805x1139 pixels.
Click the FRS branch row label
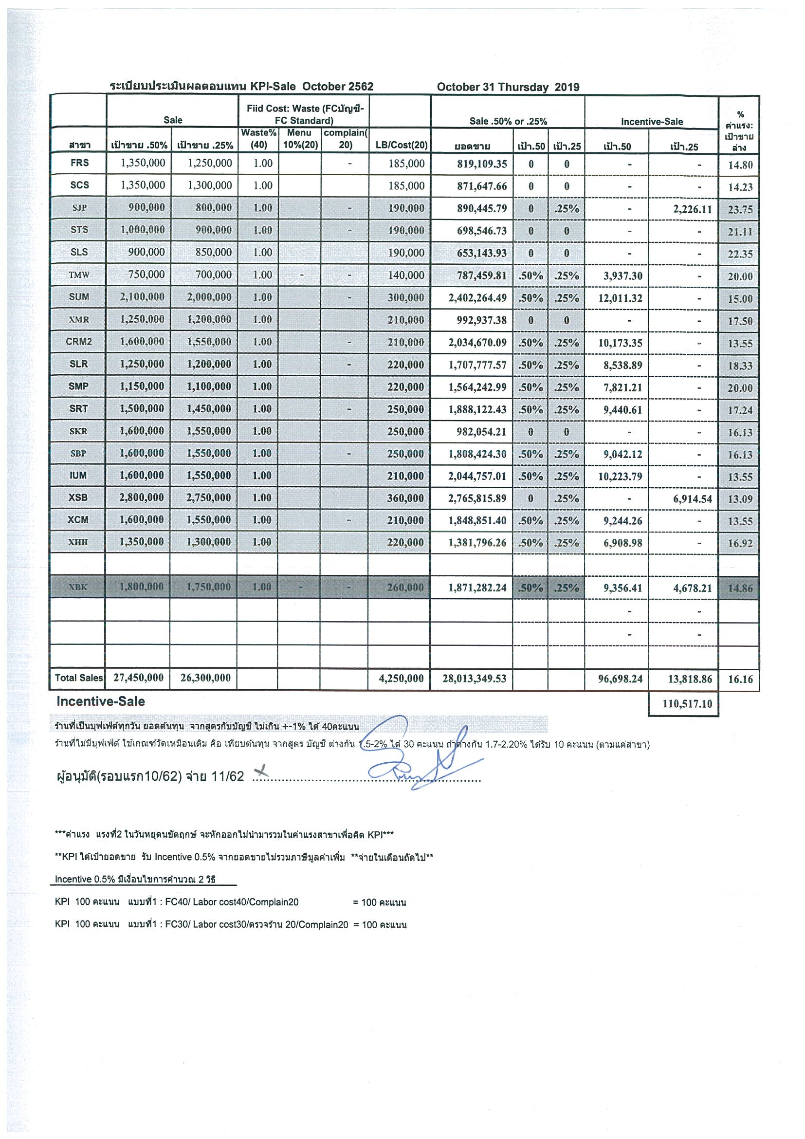pyautogui.click(x=79, y=163)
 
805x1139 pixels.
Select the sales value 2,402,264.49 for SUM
pyautogui.click(x=477, y=297)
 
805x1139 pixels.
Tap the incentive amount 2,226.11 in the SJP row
pyautogui.click(x=692, y=209)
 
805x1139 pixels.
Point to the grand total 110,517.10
pyautogui.click(x=687, y=703)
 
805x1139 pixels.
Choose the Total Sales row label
pyautogui.click(x=78, y=678)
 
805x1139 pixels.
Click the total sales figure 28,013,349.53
pyautogui.click(x=474, y=678)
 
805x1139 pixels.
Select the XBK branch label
pyautogui.click(x=78, y=587)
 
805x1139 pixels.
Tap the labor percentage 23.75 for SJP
pyautogui.click(x=740, y=209)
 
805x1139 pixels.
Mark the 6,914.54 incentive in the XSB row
pyautogui.click(x=692, y=498)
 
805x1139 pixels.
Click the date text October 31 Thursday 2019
pyautogui.click(x=508, y=87)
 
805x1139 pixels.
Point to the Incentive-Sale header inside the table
pyautogui.click(x=651, y=121)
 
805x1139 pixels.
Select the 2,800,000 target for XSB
pyautogui.click(x=141, y=497)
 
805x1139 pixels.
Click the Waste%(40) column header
pyautogui.click(x=258, y=138)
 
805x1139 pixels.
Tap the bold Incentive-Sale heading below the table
pyautogui.click(x=101, y=701)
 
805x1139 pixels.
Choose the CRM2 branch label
pyautogui.click(x=78, y=342)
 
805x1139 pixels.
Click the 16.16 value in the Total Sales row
pyautogui.click(x=740, y=679)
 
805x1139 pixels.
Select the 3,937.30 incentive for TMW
pyautogui.click(x=622, y=276)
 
